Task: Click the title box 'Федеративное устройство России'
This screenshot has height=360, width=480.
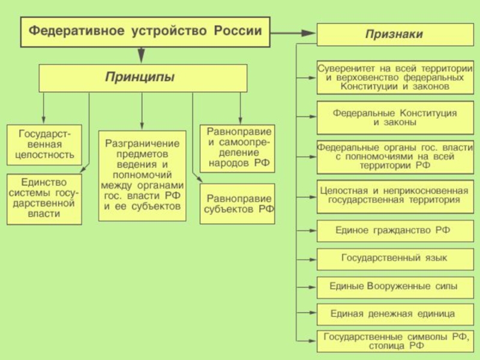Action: pyautogui.click(x=145, y=32)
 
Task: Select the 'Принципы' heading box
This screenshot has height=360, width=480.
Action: pyautogui.click(x=143, y=78)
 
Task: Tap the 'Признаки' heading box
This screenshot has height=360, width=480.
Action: pyautogui.click(x=395, y=34)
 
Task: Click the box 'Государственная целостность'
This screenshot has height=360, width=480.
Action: pyautogui.click(x=44, y=145)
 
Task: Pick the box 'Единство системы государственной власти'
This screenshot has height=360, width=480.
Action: pyautogui.click(x=44, y=199)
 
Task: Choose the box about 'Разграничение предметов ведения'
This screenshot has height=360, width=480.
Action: pyautogui.click(x=142, y=176)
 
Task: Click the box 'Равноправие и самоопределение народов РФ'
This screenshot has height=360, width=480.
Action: pyautogui.click(x=237, y=148)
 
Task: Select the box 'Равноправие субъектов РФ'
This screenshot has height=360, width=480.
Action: pyautogui.click(x=237, y=204)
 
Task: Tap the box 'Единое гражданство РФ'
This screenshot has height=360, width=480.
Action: pyautogui.click(x=395, y=231)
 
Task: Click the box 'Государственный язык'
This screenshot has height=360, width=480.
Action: pyautogui.click(x=395, y=259)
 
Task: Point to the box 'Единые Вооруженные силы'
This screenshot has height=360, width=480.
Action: pyautogui.click(x=395, y=287)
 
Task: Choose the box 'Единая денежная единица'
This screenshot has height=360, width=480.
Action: pyautogui.click(x=395, y=314)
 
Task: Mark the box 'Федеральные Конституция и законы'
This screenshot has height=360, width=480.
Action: pyautogui.click(x=395, y=118)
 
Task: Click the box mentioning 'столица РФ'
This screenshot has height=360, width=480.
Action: pyautogui.click(x=395, y=341)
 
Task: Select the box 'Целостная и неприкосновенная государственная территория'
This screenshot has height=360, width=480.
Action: pyautogui.click(x=395, y=197)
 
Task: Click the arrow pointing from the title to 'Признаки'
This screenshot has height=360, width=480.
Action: pyautogui.click(x=293, y=33)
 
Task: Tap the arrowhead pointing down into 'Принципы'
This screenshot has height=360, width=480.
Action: pyautogui.click(x=141, y=55)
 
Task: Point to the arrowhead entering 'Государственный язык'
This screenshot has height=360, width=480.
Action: pyautogui.click(x=312, y=259)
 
